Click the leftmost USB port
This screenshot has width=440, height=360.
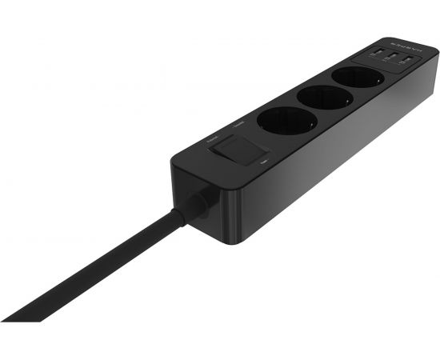tap(375, 55)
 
